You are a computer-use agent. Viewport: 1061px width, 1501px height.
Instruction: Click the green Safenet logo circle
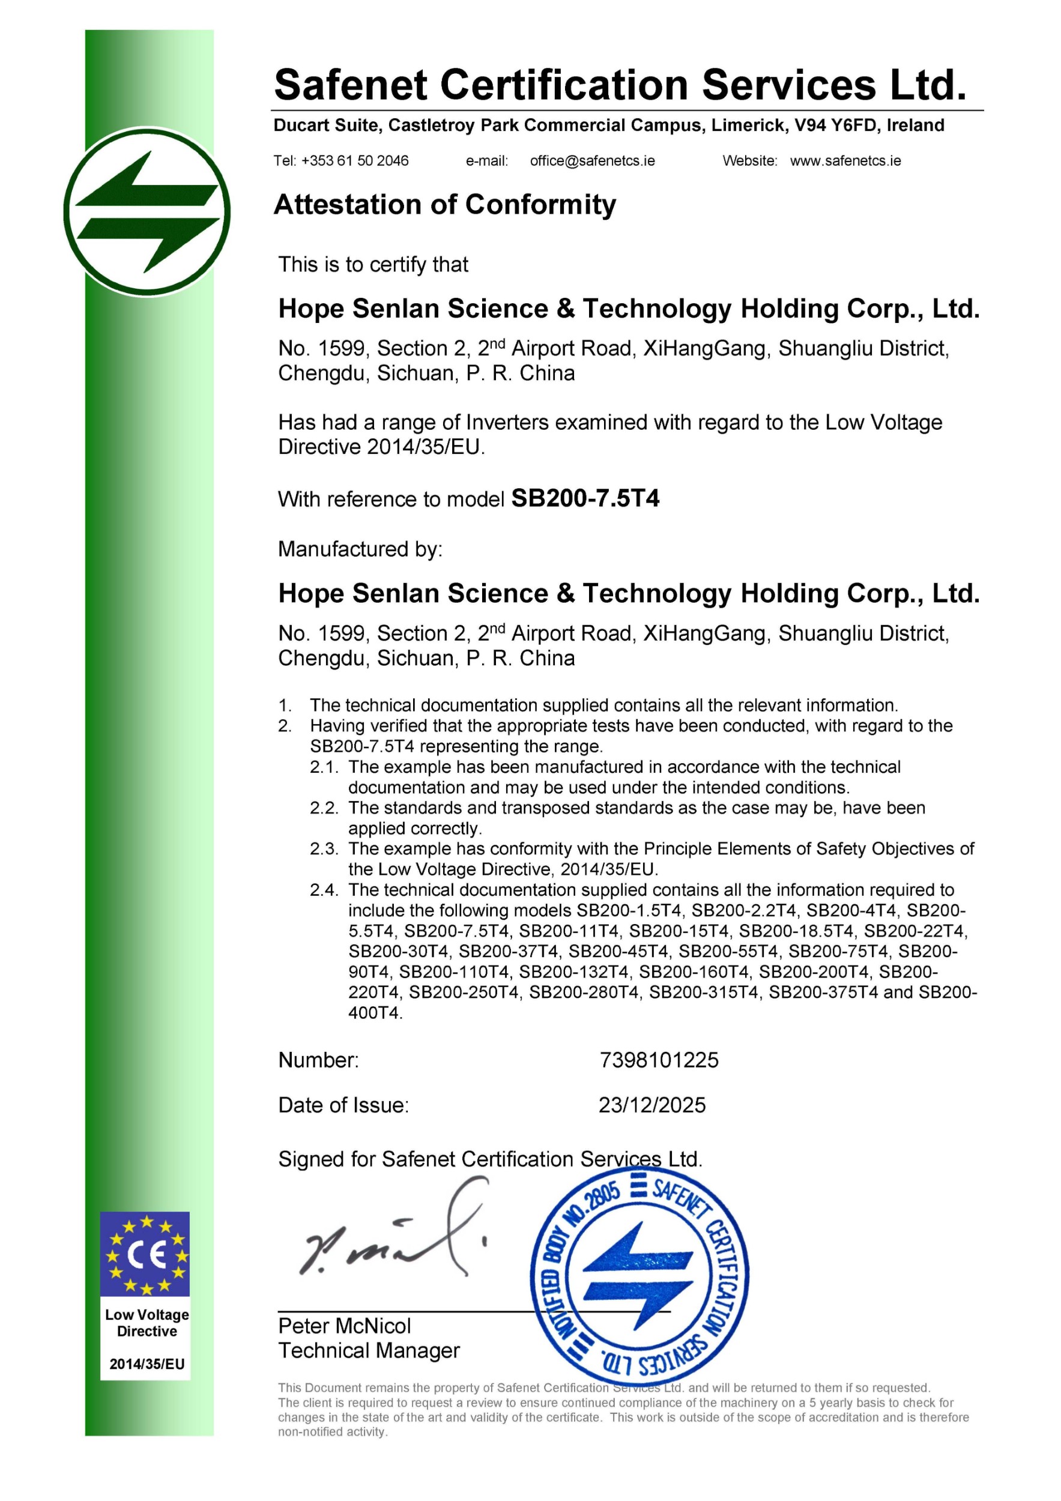(147, 212)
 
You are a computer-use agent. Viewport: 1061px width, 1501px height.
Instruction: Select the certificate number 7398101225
(658, 1060)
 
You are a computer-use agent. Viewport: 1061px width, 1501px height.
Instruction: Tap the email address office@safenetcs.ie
(591, 161)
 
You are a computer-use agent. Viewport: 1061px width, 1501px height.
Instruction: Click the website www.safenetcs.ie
(845, 161)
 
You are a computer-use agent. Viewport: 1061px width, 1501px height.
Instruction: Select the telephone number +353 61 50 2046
(354, 161)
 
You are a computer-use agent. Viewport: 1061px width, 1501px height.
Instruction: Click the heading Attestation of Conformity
(444, 205)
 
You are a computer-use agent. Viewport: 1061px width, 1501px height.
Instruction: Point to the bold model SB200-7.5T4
(585, 499)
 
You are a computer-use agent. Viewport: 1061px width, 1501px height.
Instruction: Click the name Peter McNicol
(345, 1326)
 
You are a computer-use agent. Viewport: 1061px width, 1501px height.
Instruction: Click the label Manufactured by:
(360, 549)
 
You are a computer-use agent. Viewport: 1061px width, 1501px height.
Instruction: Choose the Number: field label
(318, 1060)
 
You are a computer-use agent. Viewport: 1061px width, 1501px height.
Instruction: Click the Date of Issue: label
(343, 1105)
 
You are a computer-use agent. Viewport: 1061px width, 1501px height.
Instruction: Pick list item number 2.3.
(324, 848)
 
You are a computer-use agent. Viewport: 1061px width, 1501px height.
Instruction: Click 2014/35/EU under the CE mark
(147, 1364)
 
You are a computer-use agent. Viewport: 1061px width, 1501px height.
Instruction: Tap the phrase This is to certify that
(373, 264)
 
